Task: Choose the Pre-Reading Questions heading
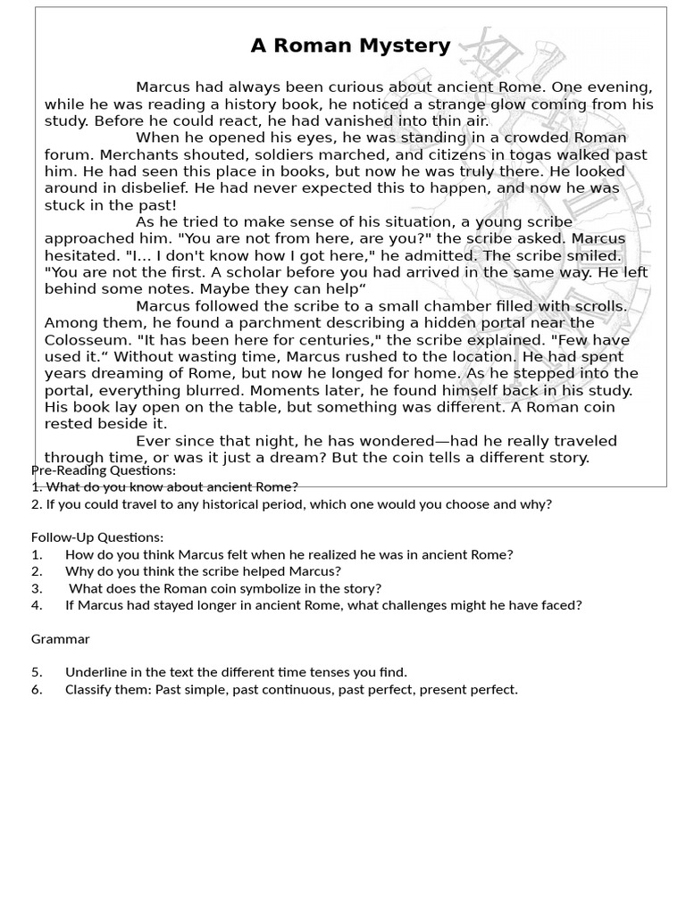click(104, 470)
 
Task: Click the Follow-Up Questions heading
click(97, 537)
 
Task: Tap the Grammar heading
click(60, 639)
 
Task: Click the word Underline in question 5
click(95, 672)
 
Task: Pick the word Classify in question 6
click(88, 689)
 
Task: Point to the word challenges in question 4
click(452, 605)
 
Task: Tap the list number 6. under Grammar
click(37, 689)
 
